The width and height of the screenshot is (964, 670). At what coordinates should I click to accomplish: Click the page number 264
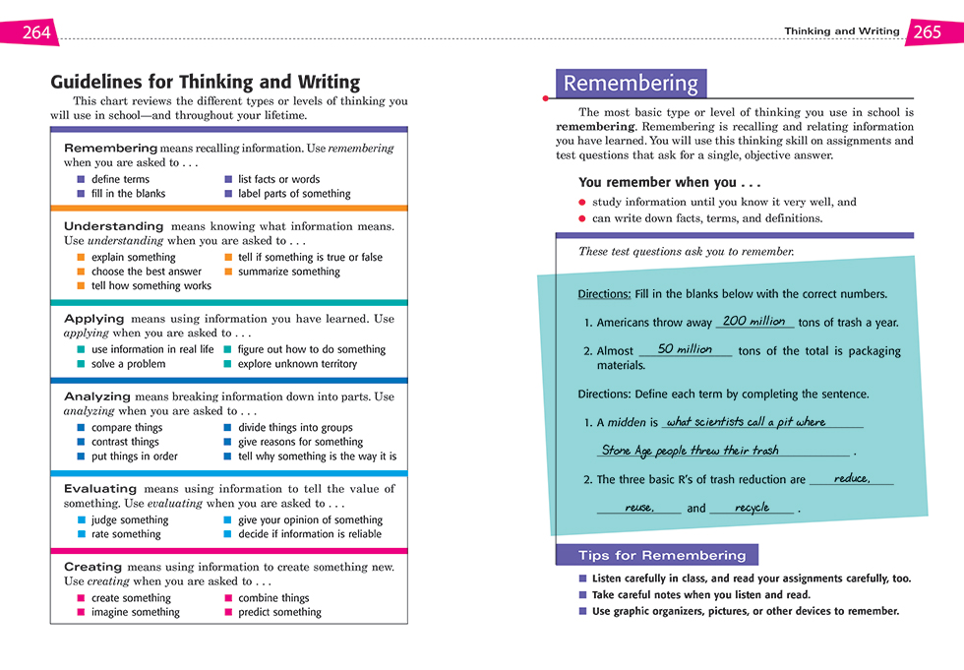(35, 32)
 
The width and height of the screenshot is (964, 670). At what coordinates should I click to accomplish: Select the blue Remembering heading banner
(631, 84)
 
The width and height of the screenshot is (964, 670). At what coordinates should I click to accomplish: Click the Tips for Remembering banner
(656, 555)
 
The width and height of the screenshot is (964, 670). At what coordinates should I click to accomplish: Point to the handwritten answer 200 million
(753, 321)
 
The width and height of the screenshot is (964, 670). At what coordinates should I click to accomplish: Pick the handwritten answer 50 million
(685, 349)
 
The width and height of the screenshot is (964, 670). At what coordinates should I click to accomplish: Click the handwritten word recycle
(752, 508)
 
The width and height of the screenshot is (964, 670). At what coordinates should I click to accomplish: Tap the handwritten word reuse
(639, 508)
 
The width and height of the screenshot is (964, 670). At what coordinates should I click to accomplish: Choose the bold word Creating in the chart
(93, 567)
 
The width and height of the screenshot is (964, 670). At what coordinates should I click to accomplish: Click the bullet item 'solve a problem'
(127, 364)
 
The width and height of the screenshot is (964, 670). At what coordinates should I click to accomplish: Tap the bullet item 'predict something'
(279, 612)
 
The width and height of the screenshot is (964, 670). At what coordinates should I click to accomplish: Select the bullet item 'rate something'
(126, 534)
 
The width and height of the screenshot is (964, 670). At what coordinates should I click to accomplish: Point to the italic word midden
(627, 423)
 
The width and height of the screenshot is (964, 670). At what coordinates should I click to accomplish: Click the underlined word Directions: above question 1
(604, 294)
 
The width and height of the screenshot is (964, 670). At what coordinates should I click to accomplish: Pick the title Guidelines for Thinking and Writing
(205, 83)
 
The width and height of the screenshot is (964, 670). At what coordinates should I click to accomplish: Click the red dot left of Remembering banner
(546, 98)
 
